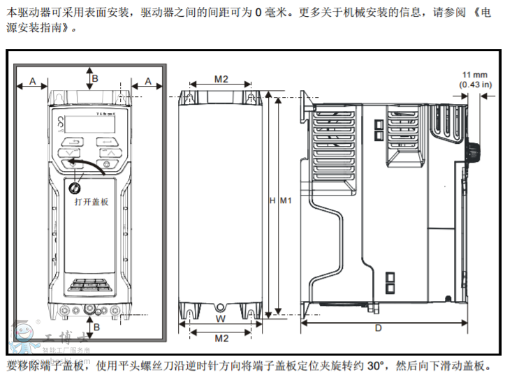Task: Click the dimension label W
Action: coord(219,319)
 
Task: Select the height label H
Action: coord(273,201)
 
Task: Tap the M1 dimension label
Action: coord(285,201)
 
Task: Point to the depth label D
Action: coord(378,328)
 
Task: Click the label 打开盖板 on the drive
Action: coord(91,201)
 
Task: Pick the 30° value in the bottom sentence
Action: coord(376,365)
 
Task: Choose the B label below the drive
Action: coord(96,326)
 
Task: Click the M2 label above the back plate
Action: coord(221,79)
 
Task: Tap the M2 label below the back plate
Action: coord(221,338)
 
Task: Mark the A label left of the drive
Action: coord(32,82)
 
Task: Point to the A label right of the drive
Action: coord(147,82)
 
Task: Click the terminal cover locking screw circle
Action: coord(73,188)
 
